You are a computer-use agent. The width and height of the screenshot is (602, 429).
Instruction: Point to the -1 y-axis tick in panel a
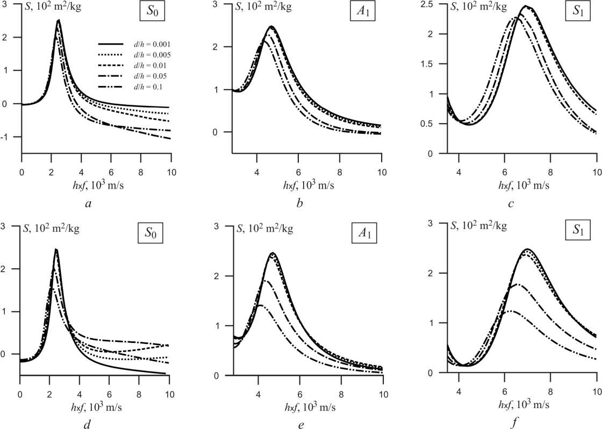pyautogui.click(x=12, y=138)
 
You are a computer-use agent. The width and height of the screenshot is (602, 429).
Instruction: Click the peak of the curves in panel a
pyautogui.click(x=58, y=20)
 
